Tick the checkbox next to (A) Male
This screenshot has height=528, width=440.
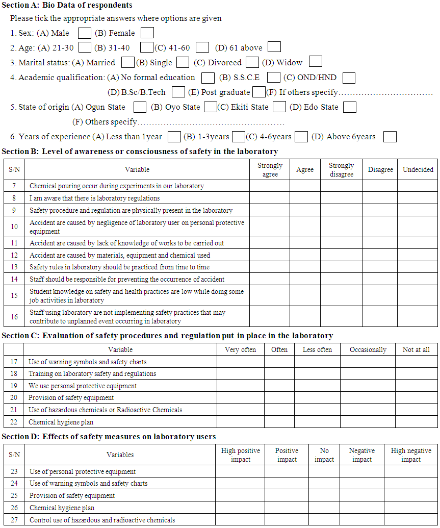pos(85,33)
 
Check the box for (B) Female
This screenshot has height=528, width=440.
pos(147,33)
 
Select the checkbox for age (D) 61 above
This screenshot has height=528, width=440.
pos(274,47)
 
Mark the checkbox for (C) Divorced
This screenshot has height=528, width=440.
pos(252,62)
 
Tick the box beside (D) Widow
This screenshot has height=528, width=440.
pos(316,62)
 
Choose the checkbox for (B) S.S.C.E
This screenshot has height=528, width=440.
pos(274,78)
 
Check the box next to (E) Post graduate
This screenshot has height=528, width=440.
pos(259,92)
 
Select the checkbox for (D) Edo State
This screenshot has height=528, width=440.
pos(350,107)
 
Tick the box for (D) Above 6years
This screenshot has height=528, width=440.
pos(390,137)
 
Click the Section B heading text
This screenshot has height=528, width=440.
pos(140,152)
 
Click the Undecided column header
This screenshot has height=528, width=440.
pos(418,170)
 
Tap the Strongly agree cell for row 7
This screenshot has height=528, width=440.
pos(270,186)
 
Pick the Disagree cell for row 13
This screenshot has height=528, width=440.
pos(380,267)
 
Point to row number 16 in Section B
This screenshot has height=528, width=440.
pos(14,317)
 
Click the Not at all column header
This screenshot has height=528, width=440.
pos(416,349)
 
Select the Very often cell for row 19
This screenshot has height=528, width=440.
pos(240,386)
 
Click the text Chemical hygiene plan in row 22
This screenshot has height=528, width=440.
pos(61,422)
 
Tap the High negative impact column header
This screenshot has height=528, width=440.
pos(411,455)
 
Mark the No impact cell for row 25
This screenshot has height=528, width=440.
pos(324,495)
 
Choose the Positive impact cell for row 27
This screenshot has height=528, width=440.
pos(287,520)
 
